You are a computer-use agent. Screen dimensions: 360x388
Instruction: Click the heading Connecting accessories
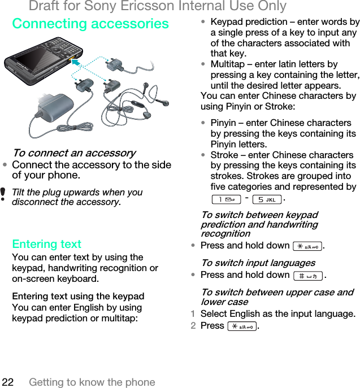(90, 24)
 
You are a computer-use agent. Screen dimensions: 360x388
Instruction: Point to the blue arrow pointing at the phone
(76, 63)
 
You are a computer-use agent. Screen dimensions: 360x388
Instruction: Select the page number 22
(7, 382)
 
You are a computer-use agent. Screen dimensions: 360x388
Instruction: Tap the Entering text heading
(46, 244)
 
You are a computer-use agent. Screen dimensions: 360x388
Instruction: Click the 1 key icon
(226, 199)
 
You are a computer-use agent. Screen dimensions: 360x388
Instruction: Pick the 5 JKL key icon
(267, 199)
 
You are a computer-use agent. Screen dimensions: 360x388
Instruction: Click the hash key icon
(308, 276)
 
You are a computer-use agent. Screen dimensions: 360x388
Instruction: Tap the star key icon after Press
(242, 326)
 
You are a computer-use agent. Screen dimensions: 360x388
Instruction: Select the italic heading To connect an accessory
(73, 153)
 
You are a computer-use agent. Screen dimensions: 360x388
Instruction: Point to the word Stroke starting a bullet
(225, 155)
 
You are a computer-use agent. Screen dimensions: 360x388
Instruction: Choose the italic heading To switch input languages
(258, 263)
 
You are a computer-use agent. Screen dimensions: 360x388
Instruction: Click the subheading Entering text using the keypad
(78, 296)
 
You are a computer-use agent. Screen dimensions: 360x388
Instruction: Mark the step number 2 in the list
(193, 326)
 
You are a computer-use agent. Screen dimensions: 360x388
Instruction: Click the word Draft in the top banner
(46, 6)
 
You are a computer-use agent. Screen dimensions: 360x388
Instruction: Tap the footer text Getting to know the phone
(92, 382)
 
